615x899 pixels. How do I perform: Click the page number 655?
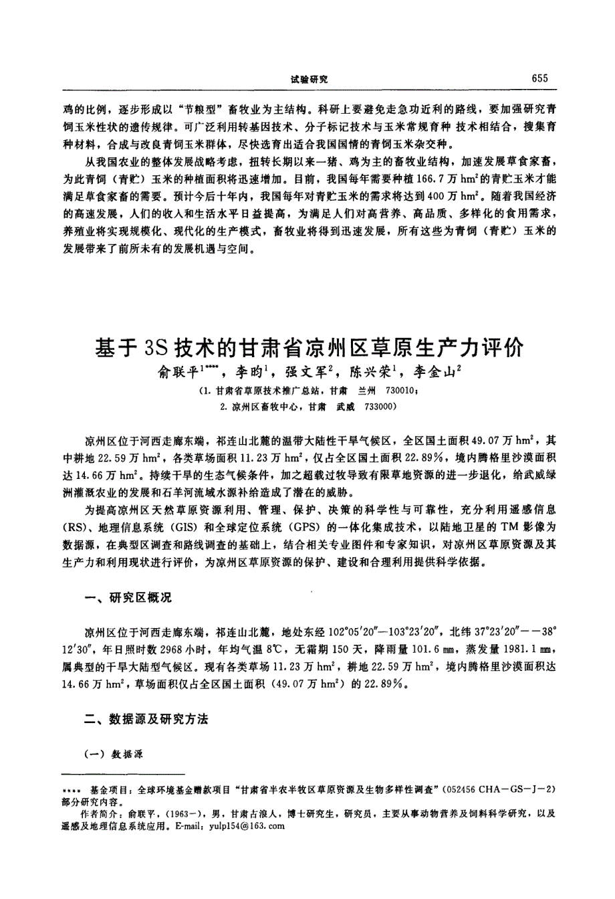(540, 78)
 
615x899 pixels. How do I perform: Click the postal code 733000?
(378, 405)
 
